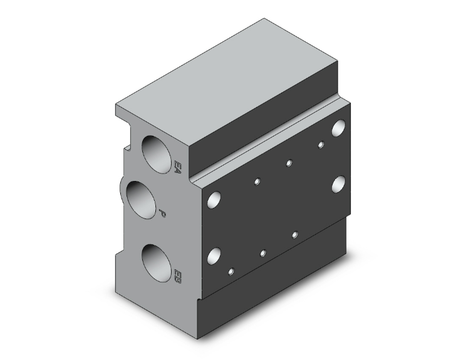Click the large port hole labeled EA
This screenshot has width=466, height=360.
(157, 155)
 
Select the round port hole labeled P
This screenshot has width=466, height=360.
(141, 200)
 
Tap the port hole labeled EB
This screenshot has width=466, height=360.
(157, 263)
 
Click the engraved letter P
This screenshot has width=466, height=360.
(163, 213)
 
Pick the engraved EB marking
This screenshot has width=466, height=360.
(177, 276)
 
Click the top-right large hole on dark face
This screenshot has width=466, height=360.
(339, 128)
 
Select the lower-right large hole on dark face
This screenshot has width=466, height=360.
(339, 184)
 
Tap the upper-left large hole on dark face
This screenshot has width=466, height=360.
(214, 200)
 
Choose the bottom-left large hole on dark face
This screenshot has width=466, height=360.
(214, 255)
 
